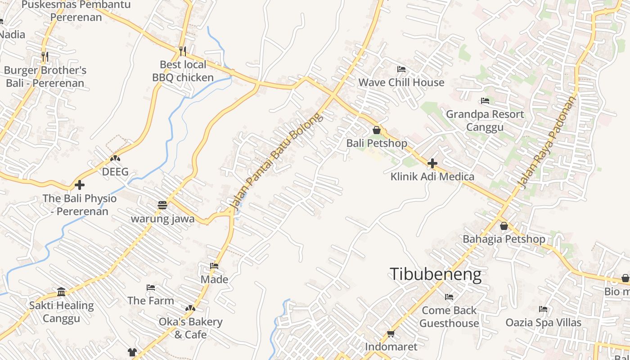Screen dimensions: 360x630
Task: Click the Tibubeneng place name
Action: tap(435, 274)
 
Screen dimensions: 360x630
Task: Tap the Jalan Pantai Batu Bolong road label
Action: tap(276, 161)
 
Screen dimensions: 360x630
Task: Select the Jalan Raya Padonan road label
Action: tap(547, 142)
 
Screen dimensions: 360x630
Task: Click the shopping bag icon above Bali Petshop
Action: tap(377, 130)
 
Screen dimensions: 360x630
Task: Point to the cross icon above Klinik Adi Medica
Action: tap(432, 163)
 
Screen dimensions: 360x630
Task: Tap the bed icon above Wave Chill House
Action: tap(401, 69)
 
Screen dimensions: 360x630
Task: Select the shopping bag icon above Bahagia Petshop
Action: tap(504, 225)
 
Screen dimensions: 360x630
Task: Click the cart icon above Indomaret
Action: tap(391, 333)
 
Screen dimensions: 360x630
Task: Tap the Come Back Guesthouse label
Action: tap(449, 317)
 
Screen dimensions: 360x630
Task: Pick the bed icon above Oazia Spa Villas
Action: tap(543, 309)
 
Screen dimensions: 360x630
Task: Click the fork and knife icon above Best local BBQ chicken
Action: tap(182, 51)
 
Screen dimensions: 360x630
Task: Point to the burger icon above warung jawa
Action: tap(162, 205)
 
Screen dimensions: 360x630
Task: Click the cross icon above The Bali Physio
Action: tap(80, 184)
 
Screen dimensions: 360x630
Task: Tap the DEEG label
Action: tap(115, 172)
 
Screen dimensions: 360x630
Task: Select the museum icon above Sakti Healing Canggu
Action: tap(61, 292)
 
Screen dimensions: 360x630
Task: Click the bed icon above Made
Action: tap(214, 266)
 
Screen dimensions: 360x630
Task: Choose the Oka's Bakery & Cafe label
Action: tap(190, 328)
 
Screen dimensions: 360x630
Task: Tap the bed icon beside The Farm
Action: tap(151, 287)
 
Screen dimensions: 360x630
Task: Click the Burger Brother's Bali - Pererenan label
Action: tap(45, 76)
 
